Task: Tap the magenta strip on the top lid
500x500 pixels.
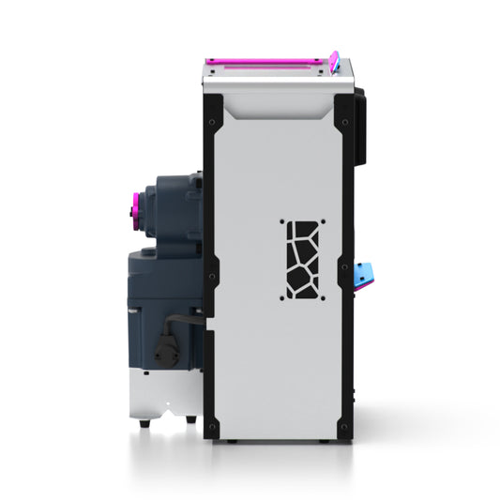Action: point(268,63)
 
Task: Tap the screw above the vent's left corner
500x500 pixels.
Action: point(280,222)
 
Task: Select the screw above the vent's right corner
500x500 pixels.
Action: point(324,222)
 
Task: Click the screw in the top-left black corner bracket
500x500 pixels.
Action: point(214,121)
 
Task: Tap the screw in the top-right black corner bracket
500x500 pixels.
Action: point(344,121)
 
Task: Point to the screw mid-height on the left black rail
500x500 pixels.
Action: point(214,276)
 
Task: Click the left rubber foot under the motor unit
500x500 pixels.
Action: point(144,423)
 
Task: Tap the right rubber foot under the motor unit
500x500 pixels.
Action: point(190,419)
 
